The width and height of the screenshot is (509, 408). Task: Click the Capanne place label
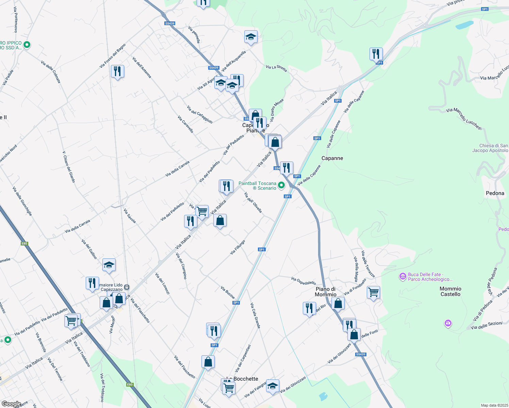tap(332, 158)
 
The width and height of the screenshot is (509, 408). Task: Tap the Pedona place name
tap(495, 193)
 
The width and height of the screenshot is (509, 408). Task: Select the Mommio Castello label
tap(450, 291)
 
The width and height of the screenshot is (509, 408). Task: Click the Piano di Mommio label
tap(326, 292)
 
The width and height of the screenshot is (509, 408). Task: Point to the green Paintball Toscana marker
tap(281, 185)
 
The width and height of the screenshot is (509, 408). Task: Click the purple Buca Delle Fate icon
tap(403, 276)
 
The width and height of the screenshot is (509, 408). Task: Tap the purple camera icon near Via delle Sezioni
tap(448, 323)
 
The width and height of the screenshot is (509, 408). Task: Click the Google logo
tap(11, 404)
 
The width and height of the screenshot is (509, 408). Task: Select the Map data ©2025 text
tap(494, 405)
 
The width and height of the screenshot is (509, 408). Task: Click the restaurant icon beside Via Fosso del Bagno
tap(117, 71)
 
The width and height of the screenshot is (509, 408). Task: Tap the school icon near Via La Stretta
tap(251, 37)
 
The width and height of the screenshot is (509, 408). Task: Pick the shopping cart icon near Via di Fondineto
tap(373, 292)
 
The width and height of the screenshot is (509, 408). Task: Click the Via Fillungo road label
tap(237, 247)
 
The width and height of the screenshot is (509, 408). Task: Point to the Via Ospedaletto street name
tap(303, 281)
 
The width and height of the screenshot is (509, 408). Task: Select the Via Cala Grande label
tap(255, 316)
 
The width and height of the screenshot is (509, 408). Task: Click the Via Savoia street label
tap(130, 216)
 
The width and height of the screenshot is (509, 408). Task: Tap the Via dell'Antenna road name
tap(142, 67)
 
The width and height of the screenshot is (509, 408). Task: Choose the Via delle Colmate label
tap(51, 72)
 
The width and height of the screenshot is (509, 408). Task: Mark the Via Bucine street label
tap(228, 292)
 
